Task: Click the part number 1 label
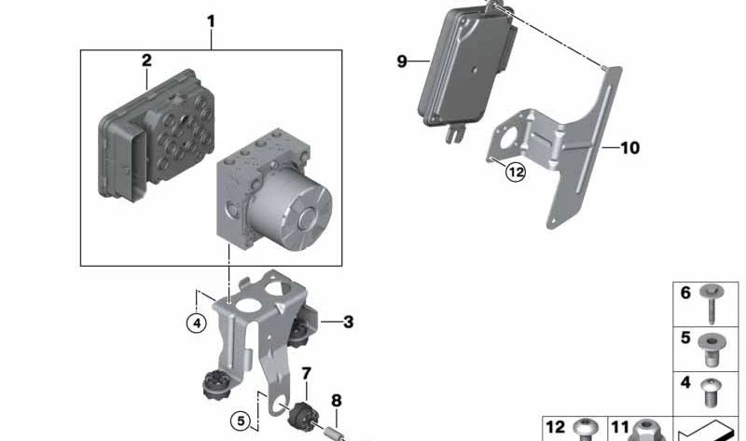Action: point(211,20)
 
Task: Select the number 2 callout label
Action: point(146,61)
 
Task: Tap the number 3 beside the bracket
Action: point(348,323)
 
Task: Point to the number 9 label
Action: point(401,62)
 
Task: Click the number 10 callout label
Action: point(629,147)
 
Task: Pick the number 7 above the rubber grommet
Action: point(305,374)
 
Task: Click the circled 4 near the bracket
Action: point(195,324)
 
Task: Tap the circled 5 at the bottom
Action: point(241,421)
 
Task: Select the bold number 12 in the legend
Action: point(555,427)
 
